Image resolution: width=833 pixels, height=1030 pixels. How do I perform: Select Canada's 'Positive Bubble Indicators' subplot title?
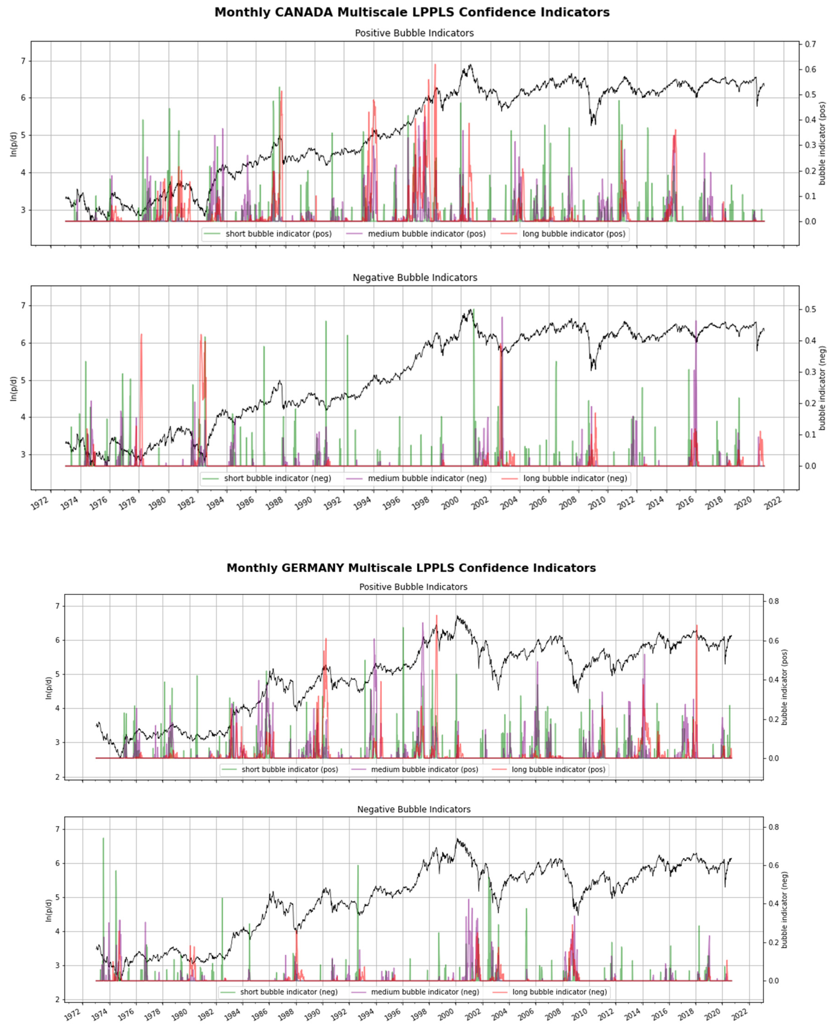(414, 33)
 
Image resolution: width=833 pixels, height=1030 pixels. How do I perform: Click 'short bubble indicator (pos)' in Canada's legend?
(278, 234)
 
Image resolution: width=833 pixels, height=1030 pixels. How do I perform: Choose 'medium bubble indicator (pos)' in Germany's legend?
(424, 769)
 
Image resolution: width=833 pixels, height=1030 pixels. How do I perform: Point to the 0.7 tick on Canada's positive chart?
(810, 44)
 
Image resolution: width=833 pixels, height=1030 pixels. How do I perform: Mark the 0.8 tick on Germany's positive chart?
(773, 601)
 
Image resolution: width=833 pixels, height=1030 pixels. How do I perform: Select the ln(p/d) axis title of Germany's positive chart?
(48, 688)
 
